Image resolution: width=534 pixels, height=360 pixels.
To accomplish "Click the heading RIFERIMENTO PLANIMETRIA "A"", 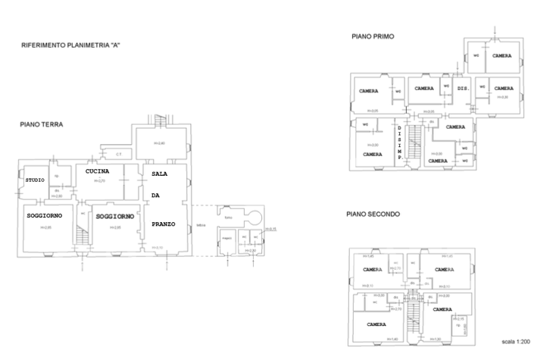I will point(71,45).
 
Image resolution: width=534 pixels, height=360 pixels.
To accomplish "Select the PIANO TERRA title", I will point(42,124).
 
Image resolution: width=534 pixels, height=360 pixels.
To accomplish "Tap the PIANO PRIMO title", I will point(373,36).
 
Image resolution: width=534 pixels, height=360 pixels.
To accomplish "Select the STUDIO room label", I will point(34,180).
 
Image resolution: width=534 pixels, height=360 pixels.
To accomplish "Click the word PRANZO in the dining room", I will point(164,224).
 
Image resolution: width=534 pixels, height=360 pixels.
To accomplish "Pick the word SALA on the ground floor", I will point(159,174).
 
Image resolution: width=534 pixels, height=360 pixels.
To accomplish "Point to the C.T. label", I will point(119,155).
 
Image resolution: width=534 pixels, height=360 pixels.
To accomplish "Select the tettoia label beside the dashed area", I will point(201,224).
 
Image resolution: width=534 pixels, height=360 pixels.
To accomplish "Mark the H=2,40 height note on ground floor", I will point(160,143).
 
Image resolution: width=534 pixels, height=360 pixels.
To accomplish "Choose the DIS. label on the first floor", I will point(463,89).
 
